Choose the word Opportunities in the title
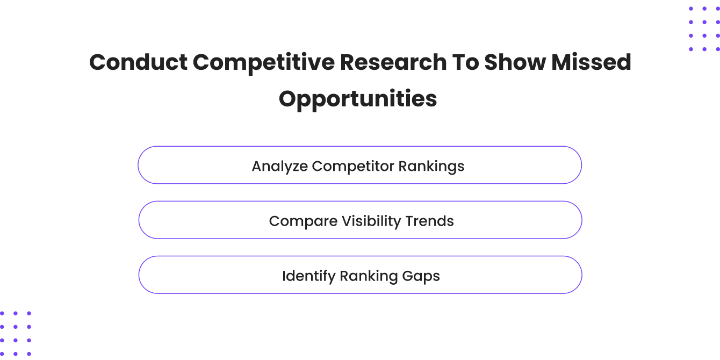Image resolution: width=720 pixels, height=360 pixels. tap(358, 99)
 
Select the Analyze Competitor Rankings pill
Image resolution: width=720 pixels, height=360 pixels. tap(359, 165)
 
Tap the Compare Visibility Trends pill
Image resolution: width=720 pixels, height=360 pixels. tap(360, 220)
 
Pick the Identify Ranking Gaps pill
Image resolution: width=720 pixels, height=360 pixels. tap(360, 275)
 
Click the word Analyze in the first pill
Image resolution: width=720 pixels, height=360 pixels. tap(279, 167)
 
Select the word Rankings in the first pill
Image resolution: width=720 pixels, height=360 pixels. tap(431, 167)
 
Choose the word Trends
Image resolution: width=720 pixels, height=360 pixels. tap(432, 221)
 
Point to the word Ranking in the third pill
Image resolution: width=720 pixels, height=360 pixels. tap(369, 276)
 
